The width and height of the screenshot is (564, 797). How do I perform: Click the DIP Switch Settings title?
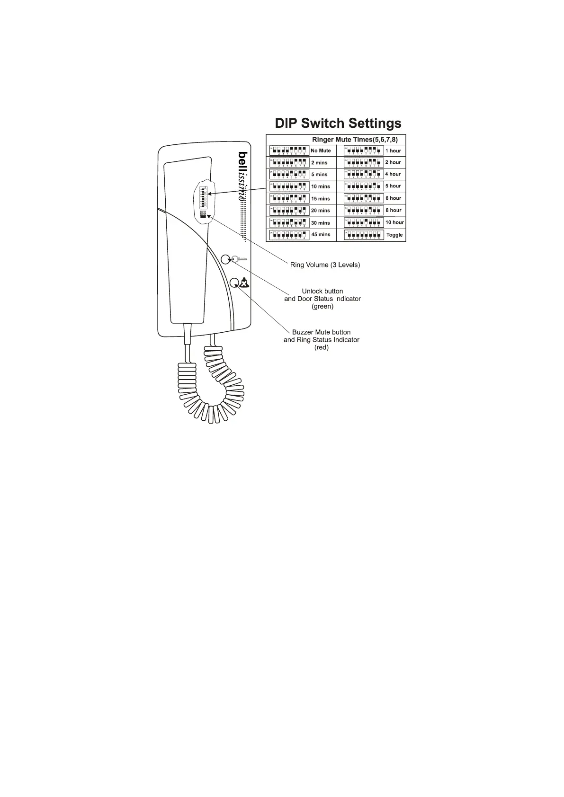click(x=338, y=124)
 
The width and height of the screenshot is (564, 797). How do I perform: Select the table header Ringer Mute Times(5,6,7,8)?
click(x=355, y=140)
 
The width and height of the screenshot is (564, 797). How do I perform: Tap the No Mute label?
click(x=321, y=151)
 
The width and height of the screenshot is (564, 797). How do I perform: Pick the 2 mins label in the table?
click(x=319, y=163)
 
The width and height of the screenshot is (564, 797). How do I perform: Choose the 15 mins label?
click(x=321, y=199)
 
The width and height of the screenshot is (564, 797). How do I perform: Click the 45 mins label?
click(x=321, y=235)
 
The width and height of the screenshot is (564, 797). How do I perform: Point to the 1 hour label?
click(x=393, y=151)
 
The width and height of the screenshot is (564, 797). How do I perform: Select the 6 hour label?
click(x=393, y=198)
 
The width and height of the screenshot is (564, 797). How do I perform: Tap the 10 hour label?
click(x=394, y=222)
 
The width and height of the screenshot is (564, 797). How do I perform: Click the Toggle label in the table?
click(x=394, y=235)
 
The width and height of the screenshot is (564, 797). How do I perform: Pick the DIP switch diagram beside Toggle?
click(x=364, y=235)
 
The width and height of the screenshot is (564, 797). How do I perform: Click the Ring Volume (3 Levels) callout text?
click(x=325, y=265)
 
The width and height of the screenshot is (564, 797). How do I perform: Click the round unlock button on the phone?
click(x=226, y=259)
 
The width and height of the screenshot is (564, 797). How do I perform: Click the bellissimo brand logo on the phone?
click(x=242, y=176)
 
